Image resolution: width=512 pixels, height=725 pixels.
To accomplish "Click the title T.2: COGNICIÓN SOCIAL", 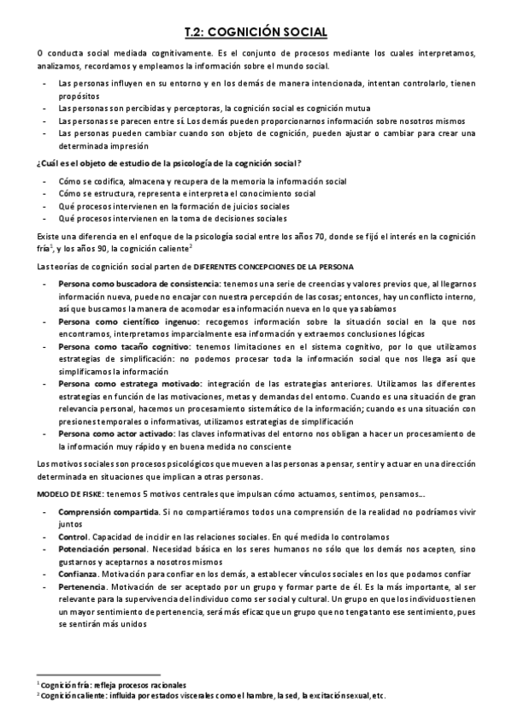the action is coord(256,32).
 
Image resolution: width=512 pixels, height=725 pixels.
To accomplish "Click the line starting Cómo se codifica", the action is coord(203,181).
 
